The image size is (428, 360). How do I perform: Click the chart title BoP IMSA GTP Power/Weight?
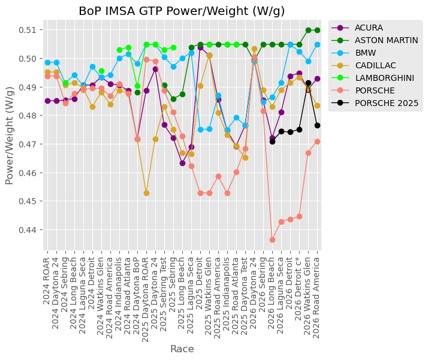165,11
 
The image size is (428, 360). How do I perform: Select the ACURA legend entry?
369,28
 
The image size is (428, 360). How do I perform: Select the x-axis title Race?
182,349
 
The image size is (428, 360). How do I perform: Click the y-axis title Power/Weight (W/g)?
9,135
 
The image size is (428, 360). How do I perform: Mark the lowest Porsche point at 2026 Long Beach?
272,240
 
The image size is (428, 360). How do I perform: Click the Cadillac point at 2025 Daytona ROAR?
146,193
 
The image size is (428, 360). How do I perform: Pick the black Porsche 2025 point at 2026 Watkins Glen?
308,83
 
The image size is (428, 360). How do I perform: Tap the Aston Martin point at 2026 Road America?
317,31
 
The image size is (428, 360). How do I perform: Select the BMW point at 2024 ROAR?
48,62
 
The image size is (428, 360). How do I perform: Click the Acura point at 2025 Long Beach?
182,164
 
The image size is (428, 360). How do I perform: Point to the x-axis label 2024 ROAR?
46,281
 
